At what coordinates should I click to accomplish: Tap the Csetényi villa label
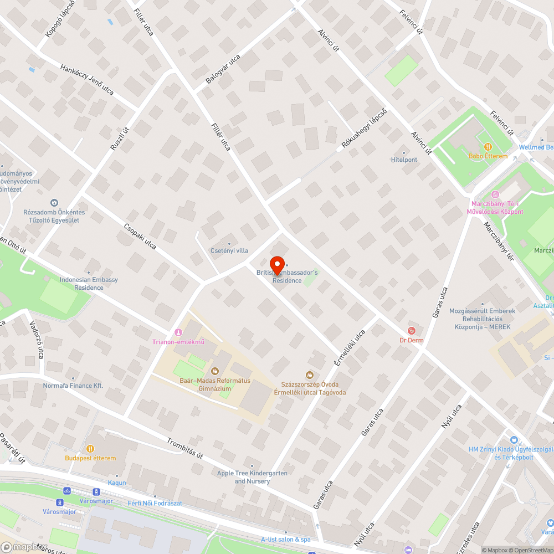point(229,250)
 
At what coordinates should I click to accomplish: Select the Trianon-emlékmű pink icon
point(178,332)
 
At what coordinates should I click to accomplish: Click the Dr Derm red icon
point(411,331)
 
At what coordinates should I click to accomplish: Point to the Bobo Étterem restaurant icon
point(488,147)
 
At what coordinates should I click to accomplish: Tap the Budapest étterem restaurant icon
point(90,449)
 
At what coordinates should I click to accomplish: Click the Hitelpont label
point(404,160)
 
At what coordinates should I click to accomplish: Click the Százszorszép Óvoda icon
point(310,375)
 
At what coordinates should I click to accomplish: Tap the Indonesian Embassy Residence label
point(89,284)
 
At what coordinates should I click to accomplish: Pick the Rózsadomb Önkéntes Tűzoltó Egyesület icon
point(54,203)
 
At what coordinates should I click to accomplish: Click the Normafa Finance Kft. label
point(74,385)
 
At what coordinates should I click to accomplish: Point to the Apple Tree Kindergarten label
point(252,477)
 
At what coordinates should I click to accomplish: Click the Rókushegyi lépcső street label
point(364,131)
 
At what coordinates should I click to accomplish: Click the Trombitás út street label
point(185,449)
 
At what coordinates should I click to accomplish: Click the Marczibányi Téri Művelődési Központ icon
point(495,194)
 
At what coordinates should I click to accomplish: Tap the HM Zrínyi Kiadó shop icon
point(514,439)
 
